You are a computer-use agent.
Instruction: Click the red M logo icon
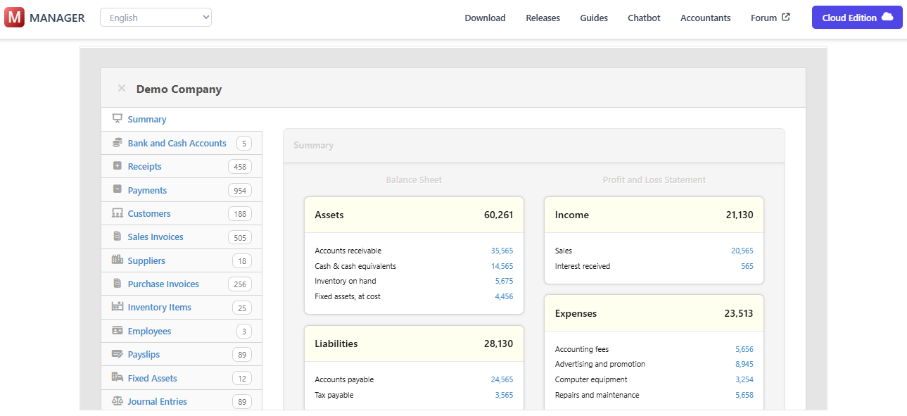(14, 18)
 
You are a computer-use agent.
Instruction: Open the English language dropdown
(156, 18)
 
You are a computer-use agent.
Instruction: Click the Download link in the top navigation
(485, 18)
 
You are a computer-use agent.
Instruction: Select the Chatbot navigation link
(644, 18)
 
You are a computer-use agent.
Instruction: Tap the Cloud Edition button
(856, 18)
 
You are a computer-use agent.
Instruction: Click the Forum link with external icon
(770, 18)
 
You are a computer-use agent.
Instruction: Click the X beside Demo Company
(122, 89)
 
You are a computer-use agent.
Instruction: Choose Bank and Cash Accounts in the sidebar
(177, 144)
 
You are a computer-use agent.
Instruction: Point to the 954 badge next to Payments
(239, 191)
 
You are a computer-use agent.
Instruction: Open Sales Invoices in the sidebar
(156, 237)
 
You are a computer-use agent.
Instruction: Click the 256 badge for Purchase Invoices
(239, 284)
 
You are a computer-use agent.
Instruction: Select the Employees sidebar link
(149, 332)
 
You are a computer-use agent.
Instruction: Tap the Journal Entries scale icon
(117, 401)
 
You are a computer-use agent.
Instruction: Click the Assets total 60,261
(498, 215)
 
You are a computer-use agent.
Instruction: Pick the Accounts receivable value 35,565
(502, 251)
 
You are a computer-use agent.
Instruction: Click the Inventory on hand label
(345, 282)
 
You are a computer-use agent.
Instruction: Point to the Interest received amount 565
(747, 266)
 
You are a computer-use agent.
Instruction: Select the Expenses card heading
(576, 314)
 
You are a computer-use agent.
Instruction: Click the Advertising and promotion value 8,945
(744, 365)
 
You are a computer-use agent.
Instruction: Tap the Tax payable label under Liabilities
(334, 395)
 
